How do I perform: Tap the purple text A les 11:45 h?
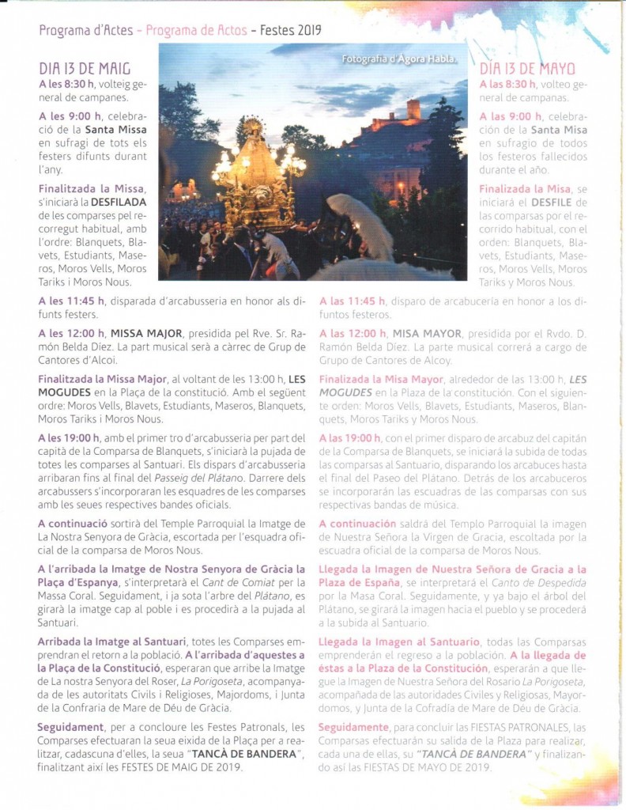[71, 301]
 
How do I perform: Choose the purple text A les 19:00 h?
[69, 437]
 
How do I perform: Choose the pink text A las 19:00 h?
[352, 437]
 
